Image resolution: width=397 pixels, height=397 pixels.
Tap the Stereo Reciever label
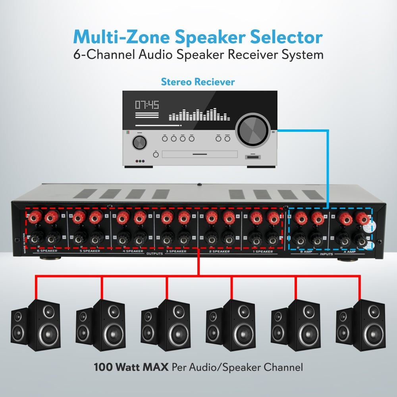[198, 82]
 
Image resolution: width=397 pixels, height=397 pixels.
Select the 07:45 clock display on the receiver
[147, 105]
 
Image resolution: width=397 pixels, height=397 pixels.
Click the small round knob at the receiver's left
[139, 142]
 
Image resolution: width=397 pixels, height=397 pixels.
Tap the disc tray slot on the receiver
[200, 154]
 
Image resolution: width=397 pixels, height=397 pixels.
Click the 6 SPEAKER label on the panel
[47, 251]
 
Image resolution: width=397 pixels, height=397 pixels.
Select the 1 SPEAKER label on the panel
[263, 252]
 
